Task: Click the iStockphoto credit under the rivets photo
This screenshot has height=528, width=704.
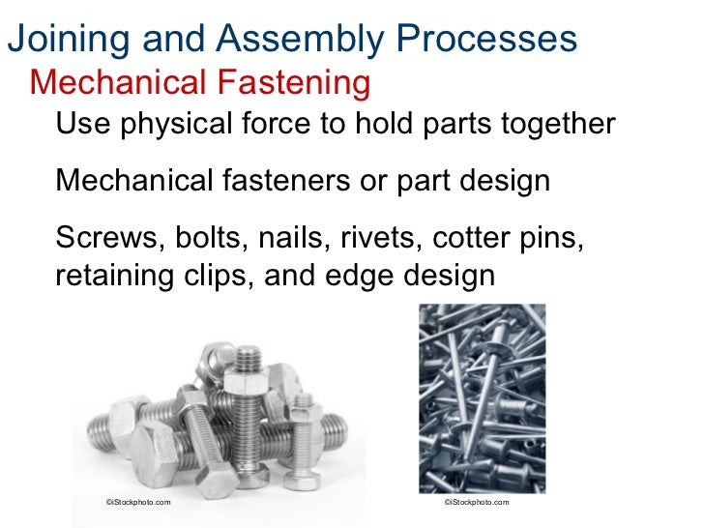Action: (x=475, y=502)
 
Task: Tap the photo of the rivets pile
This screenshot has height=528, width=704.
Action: (x=481, y=396)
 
